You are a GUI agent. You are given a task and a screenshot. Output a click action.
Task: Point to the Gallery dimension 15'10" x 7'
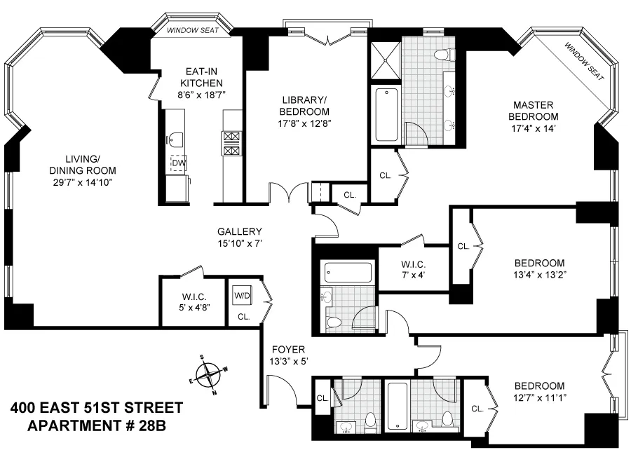click(239, 244)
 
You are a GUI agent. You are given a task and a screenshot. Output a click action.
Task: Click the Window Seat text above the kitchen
click(192, 31)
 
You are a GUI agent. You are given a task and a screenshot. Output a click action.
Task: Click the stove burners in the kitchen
click(231, 143)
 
